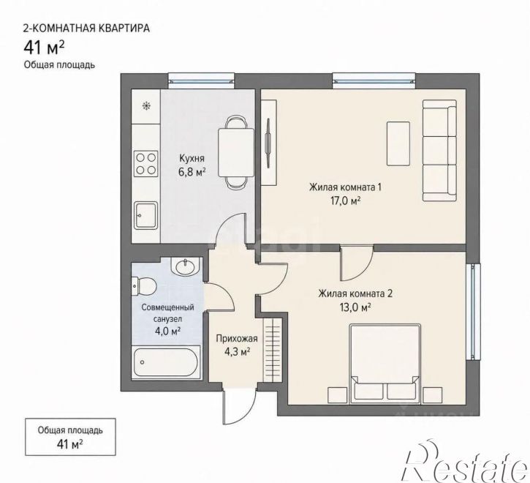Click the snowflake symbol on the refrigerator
146,106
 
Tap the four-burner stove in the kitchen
146,164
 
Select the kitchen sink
146,215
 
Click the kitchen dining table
236,153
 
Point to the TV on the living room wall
268,143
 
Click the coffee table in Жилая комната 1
398,143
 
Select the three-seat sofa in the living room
439,151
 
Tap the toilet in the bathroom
143,286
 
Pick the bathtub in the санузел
166,362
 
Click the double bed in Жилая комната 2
385,364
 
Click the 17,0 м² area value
346,201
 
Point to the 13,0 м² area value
356,307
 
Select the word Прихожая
237,338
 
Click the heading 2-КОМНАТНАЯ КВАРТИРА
86,28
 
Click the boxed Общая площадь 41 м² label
70,437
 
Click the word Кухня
192,158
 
